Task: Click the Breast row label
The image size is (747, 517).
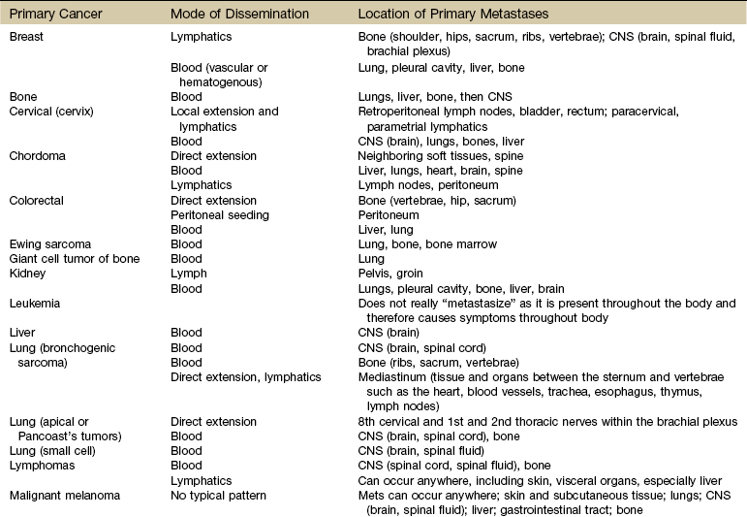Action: point(26,37)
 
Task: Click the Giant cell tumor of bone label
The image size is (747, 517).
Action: point(75,259)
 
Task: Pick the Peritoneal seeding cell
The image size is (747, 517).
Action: point(220,214)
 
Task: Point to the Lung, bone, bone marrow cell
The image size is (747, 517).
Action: point(424,244)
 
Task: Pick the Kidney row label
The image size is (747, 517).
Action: point(28,275)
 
